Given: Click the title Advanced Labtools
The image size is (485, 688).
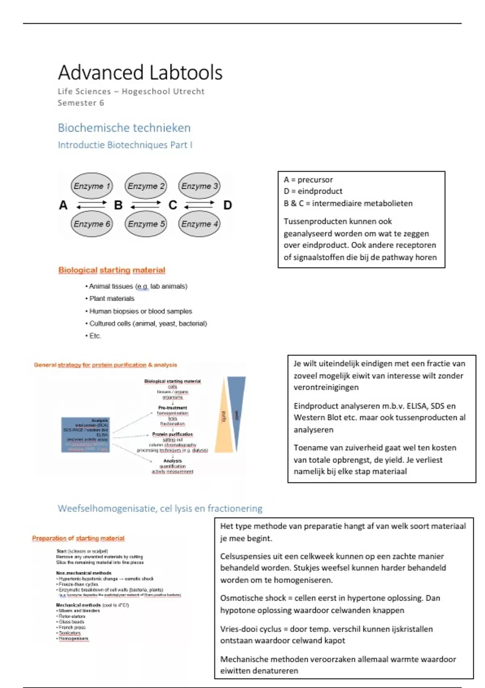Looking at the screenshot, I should click(140, 72).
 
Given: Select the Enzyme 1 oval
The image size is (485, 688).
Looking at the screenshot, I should click(92, 186).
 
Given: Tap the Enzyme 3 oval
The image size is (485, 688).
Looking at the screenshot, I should click(199, 186).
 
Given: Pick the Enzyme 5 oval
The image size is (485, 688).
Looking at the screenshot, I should click(146, 224).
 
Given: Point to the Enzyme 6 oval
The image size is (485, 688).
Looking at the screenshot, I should click(92, 224).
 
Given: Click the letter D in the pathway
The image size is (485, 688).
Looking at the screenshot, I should click(228, 205).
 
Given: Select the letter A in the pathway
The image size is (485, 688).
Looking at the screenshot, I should click(63, 205).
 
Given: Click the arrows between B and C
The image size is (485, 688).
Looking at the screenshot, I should click(145, 205).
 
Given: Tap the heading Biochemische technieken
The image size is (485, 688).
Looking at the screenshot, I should click(124, 128).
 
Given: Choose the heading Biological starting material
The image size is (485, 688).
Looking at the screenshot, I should click(112, 270).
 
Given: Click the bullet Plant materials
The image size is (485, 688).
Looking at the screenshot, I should click(112, 299).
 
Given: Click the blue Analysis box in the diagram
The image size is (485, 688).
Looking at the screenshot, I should click(86, 435).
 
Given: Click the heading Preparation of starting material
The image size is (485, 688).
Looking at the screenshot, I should click(78, 538).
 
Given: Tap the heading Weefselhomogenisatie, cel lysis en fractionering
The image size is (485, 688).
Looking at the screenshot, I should click(160, 508).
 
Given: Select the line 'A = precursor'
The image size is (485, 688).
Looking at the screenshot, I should click(308, 180).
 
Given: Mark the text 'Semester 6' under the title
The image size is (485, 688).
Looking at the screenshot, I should click(81, 103).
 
